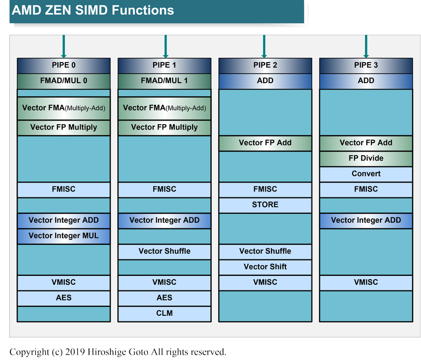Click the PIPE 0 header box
64,65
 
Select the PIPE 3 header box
366,65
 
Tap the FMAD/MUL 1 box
164,81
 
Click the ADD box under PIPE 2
265,81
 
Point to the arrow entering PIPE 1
165,46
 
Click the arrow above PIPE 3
366,46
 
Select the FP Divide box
366,158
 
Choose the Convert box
366,174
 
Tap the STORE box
265,205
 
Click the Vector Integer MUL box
64,236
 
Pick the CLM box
164,313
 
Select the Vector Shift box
265,267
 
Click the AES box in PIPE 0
64,298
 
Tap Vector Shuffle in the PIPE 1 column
164,251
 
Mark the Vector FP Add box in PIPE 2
265,143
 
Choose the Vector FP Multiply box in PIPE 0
64,127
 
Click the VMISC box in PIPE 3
366,282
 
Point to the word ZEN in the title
58,10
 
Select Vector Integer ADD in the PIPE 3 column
366,221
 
